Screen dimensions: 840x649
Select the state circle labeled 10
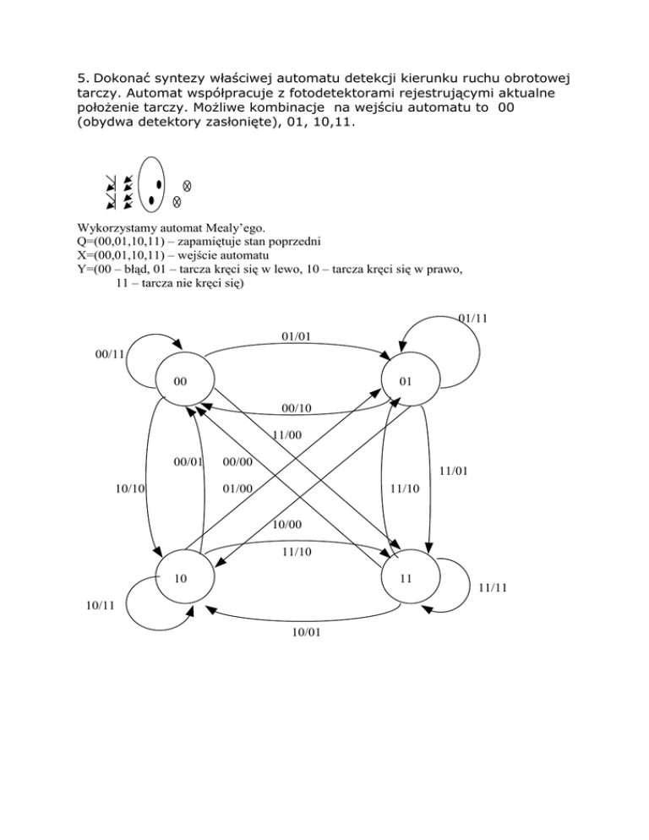point(183,578)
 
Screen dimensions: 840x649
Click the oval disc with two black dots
point(152,183)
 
